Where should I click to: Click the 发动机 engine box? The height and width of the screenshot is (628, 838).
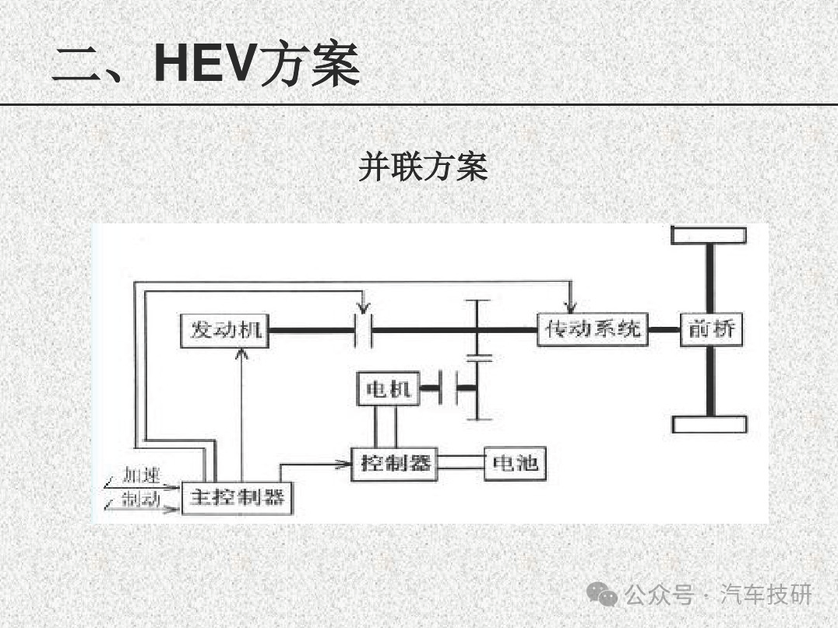(x=222, y=331)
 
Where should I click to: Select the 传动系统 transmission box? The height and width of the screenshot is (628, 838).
(x=593, y=329)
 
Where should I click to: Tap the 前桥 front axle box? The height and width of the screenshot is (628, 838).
(x=711, y=329)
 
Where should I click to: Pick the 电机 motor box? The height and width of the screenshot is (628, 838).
(x=387, y=389)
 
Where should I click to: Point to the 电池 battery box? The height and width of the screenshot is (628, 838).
(x=514, y=464)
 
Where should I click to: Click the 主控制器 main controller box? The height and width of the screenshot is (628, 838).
(x=237, y=497)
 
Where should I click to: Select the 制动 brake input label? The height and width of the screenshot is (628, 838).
(x=141, y=499)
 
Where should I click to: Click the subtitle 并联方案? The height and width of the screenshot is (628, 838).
(x=423, y=167)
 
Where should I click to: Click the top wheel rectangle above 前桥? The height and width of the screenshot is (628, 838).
(x=709, y=235)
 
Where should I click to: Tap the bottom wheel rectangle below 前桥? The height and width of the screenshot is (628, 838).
(x=709, y=424)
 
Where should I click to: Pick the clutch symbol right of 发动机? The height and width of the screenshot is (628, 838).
(x=363, y=331)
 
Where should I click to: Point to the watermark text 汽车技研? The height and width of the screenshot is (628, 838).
(x=766, y=595)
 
